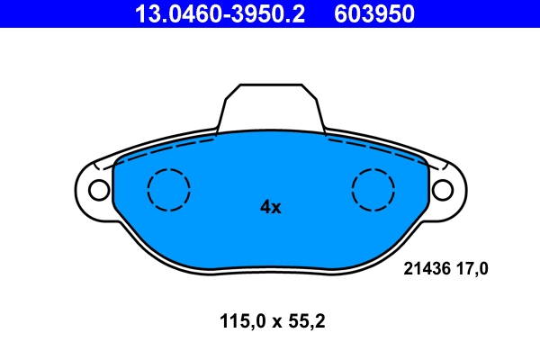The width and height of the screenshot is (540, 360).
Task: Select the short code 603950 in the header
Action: pos(374,13)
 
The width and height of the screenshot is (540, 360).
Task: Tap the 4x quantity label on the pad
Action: pos(270,207)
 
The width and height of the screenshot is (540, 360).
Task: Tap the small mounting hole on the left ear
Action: pos(96,190)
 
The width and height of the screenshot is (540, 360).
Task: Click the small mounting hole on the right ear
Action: pos(442,190)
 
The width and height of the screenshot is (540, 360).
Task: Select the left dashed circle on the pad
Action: pos(168,190)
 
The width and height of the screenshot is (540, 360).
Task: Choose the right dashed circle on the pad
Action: pos(373,190)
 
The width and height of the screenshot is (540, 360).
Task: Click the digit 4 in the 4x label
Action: pos(265,207)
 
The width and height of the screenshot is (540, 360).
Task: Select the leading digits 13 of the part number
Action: pos(144,13)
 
